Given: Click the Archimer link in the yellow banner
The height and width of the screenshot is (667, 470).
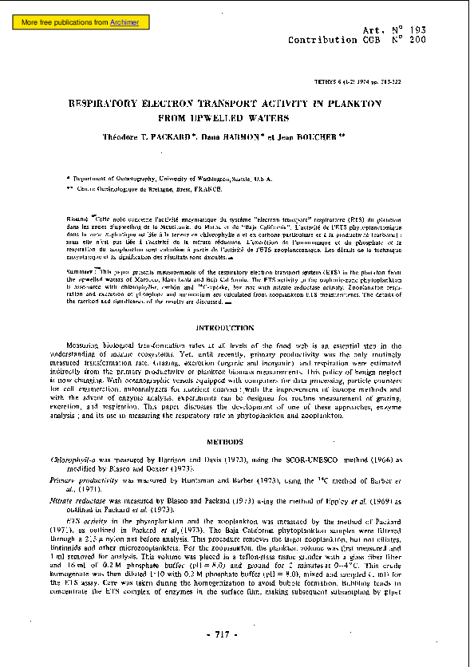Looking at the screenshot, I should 124,23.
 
